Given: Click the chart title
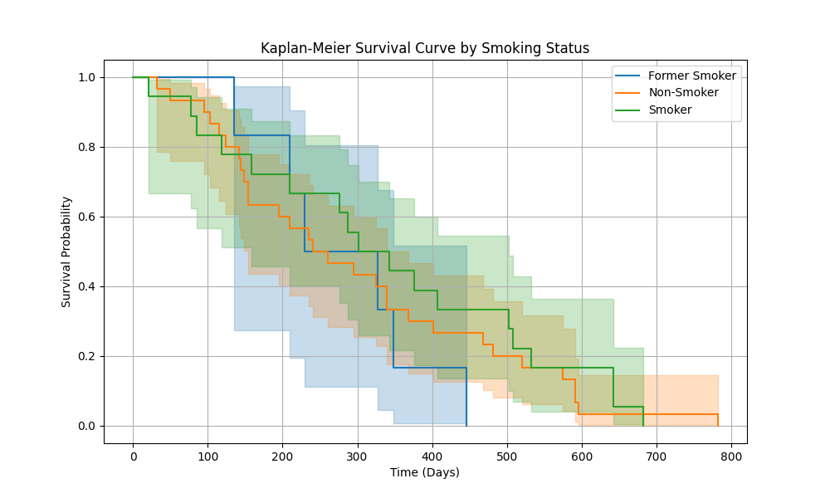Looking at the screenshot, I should pos(425,48).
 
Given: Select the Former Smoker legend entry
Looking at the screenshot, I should pos(691,76).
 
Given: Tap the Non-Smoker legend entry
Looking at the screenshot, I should pos(683,92).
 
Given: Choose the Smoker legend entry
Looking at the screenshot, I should pos(670,110).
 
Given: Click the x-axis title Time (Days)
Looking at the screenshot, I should pos(425,472).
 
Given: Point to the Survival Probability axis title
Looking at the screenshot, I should pos(66,251).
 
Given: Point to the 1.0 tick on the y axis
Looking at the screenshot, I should pos(85,77).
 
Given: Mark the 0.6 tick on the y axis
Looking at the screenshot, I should pos(85,217).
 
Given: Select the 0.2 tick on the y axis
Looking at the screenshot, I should pos(85,356).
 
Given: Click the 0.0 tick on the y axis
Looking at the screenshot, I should pos(85,426).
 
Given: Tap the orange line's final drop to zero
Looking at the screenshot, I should pos(718,420).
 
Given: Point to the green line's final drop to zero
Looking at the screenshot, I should pos(643,417).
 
